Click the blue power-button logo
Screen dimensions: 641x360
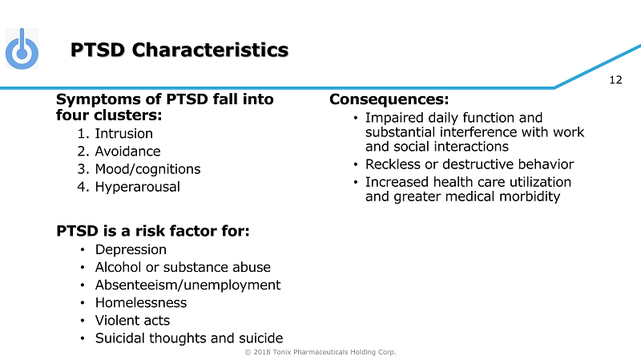point(22,49)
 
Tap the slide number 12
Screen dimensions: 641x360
point(615,79)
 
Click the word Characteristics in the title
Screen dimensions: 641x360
point(210,50)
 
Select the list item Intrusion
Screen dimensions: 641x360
point(124,133)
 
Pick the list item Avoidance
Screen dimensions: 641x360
point(127,152)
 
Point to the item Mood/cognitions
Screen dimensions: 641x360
point(147,169)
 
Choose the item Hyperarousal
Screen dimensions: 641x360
point(137,187)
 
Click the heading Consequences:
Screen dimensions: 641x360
point(389,99)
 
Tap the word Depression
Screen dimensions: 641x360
point(131,249)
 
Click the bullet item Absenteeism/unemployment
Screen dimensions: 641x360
point(187,285)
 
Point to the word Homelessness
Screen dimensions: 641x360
point(141,303)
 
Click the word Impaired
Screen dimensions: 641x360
point(394,118)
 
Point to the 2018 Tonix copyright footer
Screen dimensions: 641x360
point(320,352)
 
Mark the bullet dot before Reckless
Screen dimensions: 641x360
point(356,164)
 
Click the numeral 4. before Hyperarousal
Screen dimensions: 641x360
point(83,187)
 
